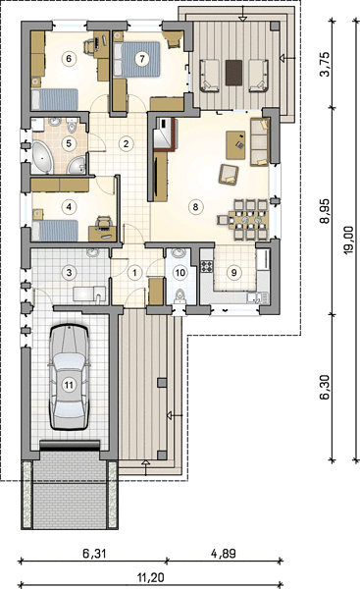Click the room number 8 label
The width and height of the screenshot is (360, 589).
point(195,206)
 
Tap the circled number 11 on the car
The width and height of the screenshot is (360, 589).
point(69,385)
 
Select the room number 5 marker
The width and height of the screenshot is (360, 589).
point(69,143)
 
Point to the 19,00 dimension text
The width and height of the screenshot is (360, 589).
point(349,241)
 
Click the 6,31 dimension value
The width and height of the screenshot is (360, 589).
point(94,553)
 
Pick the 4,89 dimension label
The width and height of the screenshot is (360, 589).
point(224,553)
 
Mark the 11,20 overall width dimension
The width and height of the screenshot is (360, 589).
point(151,577)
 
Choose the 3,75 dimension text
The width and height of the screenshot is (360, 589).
point(325,64)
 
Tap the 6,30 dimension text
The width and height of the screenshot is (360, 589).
point(325,387)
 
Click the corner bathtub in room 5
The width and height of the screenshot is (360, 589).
point(43,157)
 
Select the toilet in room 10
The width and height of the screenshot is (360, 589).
point(180,296)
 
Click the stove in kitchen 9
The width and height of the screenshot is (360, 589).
point(207,266)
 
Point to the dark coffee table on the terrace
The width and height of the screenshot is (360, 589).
point(233,73)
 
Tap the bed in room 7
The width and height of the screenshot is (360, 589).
point(137,59)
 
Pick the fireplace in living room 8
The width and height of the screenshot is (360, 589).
point(164,134)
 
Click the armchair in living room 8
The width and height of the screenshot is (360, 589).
point(229,175)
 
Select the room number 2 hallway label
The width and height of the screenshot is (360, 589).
point(126,143)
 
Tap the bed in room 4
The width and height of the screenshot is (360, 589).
point(55,231)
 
